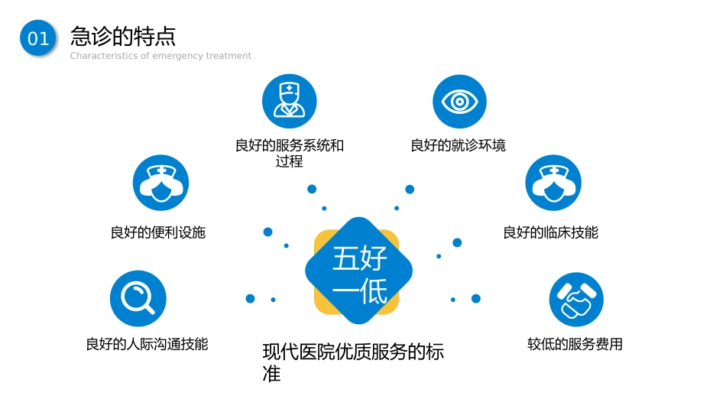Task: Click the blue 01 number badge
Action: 38,38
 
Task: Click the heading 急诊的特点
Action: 123,36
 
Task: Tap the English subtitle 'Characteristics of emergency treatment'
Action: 160,56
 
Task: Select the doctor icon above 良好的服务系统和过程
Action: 290,101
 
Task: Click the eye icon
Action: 459,102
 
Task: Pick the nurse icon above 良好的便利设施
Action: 160,183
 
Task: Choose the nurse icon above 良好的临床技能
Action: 553,183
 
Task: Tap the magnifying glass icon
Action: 138,298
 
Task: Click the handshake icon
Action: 576,299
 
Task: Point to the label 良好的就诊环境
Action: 458,145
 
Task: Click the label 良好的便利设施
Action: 158,232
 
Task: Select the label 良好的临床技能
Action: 550,232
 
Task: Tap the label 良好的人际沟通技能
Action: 147,344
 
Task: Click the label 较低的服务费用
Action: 575,344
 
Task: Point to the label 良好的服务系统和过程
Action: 290,154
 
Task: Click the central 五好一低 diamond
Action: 359,271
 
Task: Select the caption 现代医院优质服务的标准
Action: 353,362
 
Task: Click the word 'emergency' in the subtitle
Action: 177,56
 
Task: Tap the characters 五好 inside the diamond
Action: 360,258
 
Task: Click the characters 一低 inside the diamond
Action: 360,291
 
